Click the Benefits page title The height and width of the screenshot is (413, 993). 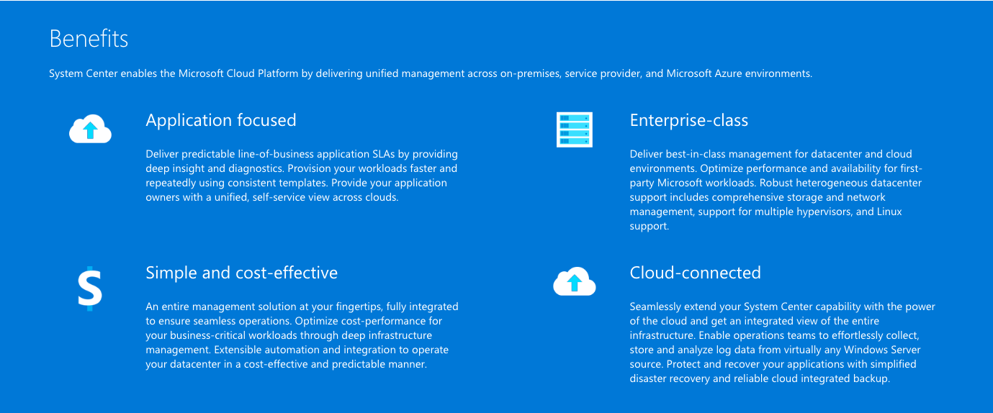coord(89,39)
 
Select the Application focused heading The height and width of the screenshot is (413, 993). coord(221,120)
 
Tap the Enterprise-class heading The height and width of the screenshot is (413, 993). coord(689,120)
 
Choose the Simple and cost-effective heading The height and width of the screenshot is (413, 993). coord(242,273)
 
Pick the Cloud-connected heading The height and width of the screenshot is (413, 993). coord(695,273)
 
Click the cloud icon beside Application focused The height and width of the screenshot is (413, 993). coord(91,129)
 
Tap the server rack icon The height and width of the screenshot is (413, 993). coord(575,130)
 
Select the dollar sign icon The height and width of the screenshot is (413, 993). coord(90,289)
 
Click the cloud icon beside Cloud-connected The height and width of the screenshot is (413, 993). coord(575,281)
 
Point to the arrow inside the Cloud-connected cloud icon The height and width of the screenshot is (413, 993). coord(575,283)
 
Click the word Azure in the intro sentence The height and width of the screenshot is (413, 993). coord(728,73)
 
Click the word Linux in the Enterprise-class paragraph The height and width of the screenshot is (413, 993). coord(889,212)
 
